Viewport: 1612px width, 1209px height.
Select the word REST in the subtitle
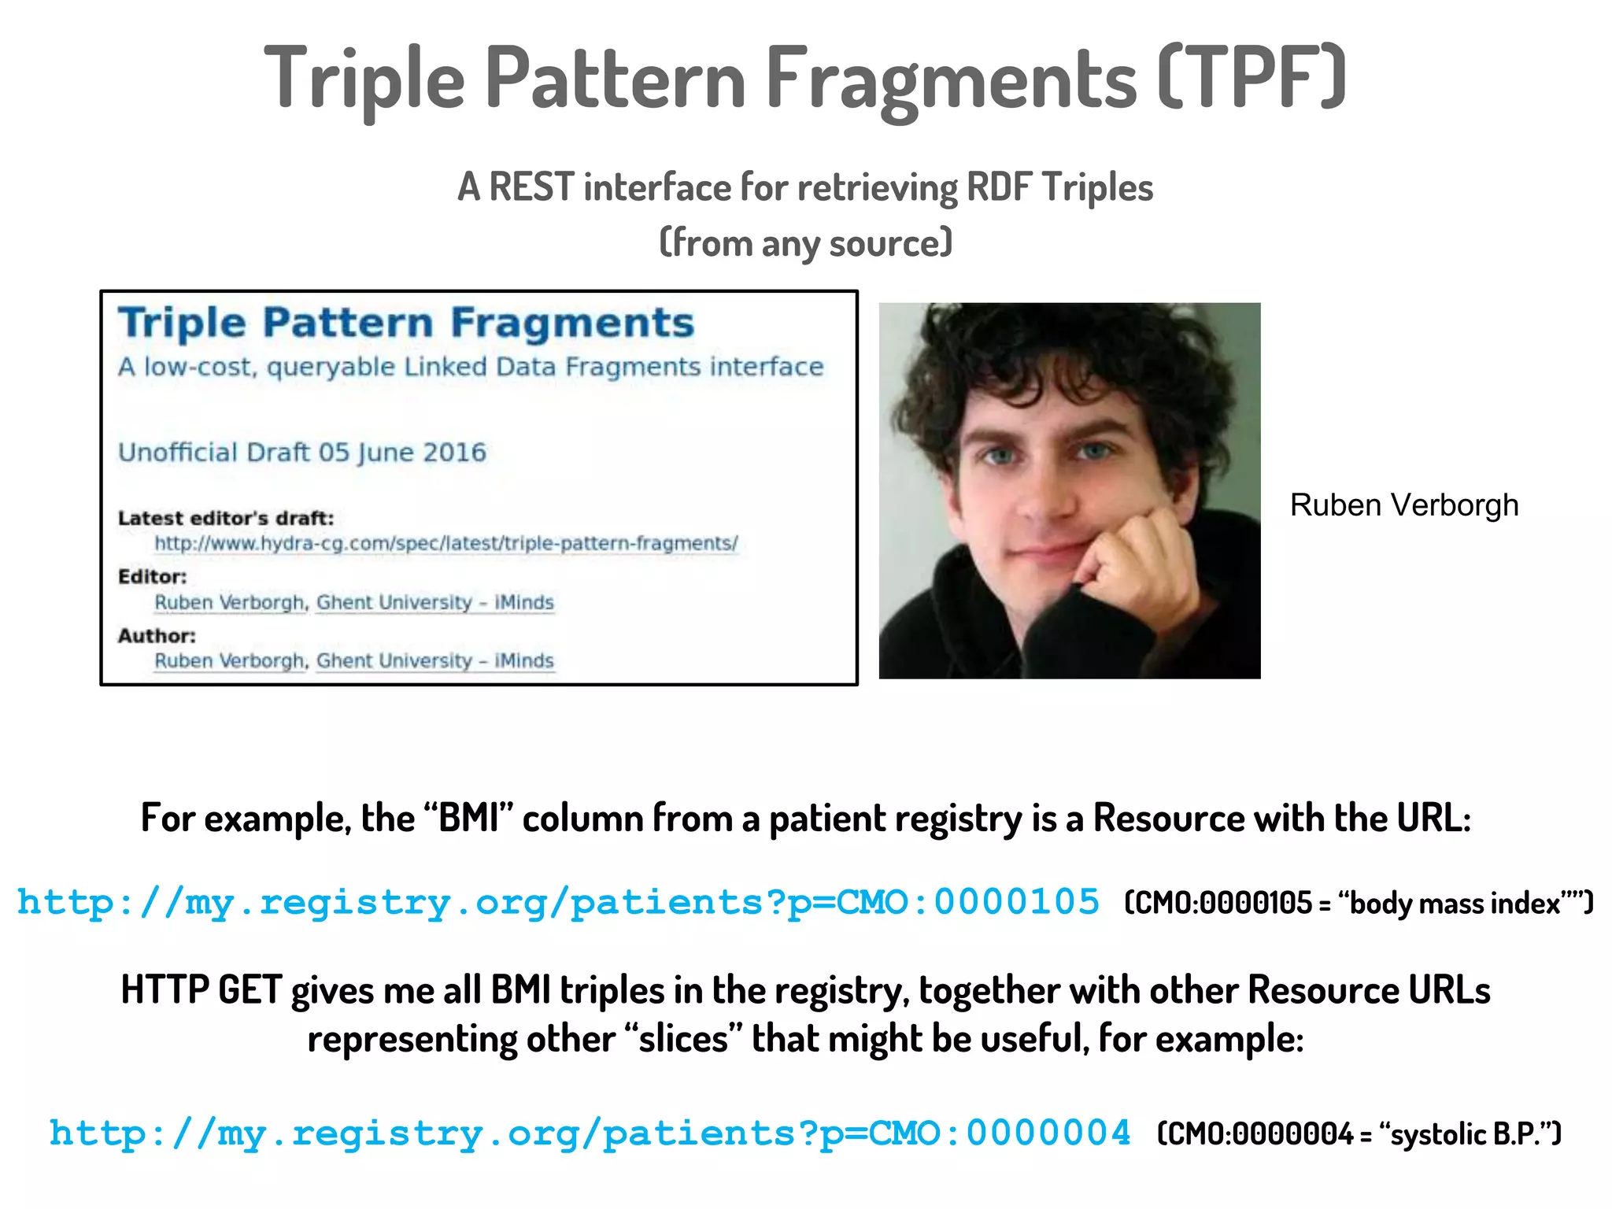click(x=531, y=187)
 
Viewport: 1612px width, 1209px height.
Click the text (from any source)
click(x=805, y=242)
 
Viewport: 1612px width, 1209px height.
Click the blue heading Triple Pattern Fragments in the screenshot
click(x=406, y=323)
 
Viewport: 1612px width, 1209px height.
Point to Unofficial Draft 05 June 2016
click(x=302, y=453)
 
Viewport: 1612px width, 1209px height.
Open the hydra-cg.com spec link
click(x=446, y=543)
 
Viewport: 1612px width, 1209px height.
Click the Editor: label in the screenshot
click(x=153, y=576)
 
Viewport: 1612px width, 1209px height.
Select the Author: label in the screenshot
click(x=157, y=635)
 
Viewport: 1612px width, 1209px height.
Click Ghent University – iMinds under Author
click(x=434, y=660)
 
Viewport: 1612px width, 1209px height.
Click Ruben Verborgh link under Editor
click(x=229, y=602)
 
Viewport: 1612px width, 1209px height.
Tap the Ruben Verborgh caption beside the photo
click(x=1404, y=505)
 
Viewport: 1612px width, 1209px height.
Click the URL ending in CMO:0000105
click(x=558, y=902)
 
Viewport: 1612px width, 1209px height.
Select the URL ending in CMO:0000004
click(x=590, y=1133)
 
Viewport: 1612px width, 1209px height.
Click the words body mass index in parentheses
click(x=1455, y=903)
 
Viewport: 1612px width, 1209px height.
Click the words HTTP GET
click(x=201, y=990)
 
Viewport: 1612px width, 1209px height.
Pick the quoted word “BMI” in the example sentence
click(x=468, y=819)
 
